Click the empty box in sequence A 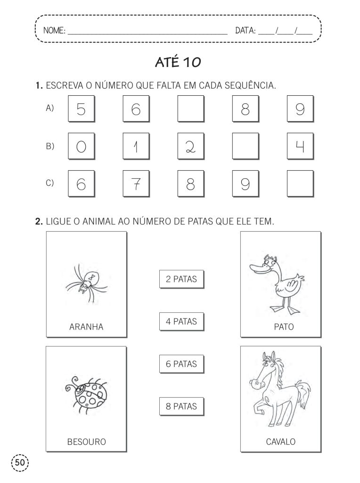tap(190, 108)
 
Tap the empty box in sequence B tap(245, 146)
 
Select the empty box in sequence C tap(300, 183)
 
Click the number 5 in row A tap(81, 109)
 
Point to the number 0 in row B tap(81, 146)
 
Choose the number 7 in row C tap(136, 183)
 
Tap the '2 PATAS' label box tap(181, 279)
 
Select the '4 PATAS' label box tap(181, 322)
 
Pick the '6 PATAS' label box tap(181, 364)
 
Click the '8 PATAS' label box tap(181, 406)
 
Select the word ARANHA tap(86, 326)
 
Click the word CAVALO tap(281, 442)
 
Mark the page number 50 tap(19, 462)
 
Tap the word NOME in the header tap(54, 31)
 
